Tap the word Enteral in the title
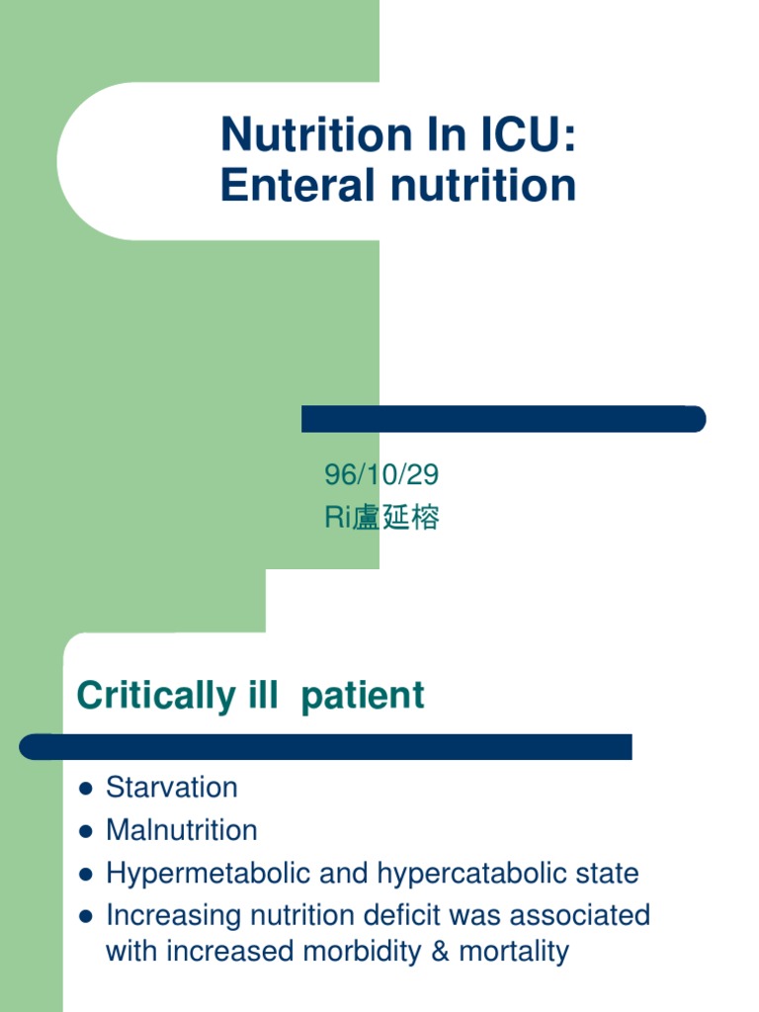(286, 185)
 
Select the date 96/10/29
(381, 475)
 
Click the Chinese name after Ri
(396, 518)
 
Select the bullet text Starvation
(172, 788)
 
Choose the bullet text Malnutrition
(182, 830)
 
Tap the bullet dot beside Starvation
(85, 789)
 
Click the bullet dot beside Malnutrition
(85, 831)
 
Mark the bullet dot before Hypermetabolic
(85, 875)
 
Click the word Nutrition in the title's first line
(298, 135)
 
